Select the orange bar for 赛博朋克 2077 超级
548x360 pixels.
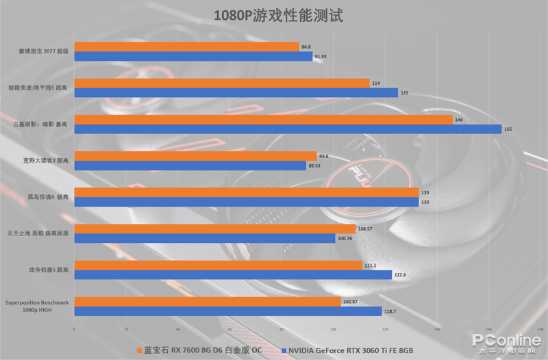(x=186, y=47)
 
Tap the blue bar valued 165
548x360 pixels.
(x=288, y=129)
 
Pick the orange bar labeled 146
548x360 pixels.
(x=263, y=119)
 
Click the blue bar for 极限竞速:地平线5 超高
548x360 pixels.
(x=236, y=92)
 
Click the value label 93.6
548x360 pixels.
(x=324, y=156)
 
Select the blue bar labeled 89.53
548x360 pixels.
(x=190, y=166)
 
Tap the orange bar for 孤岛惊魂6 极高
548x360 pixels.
(x=246, y=192)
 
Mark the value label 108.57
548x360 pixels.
(x=366, y=229)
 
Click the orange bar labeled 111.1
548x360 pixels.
(x=218, y=265)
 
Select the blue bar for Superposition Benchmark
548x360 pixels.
(x=227, y=311)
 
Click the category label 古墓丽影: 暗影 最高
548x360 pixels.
(x=41, y=124)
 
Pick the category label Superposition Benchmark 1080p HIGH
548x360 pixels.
(x=37, y=306)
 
